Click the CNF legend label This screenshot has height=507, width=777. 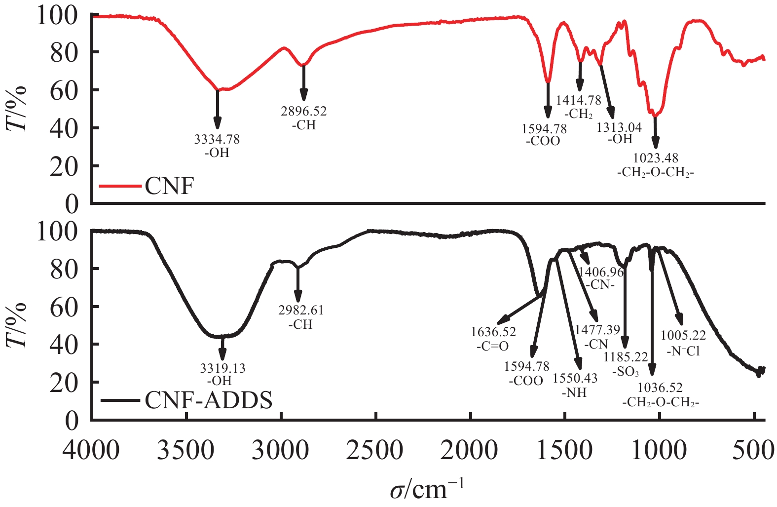169,187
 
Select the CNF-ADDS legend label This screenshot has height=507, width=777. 208,400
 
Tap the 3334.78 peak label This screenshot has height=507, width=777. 217,140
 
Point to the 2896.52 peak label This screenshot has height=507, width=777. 304,112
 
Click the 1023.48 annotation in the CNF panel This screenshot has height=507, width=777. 656,158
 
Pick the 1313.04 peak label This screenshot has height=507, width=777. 619,128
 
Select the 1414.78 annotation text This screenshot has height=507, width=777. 579,101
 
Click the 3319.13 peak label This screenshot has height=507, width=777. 222,368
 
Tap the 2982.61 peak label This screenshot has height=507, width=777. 301,311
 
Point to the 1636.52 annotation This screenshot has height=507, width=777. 493,332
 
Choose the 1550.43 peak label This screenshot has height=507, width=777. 575,379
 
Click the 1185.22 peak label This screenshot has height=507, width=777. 626,357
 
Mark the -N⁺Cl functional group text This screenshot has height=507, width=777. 683,351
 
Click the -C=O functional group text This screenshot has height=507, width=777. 492,346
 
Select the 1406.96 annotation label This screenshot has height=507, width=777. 601,272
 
